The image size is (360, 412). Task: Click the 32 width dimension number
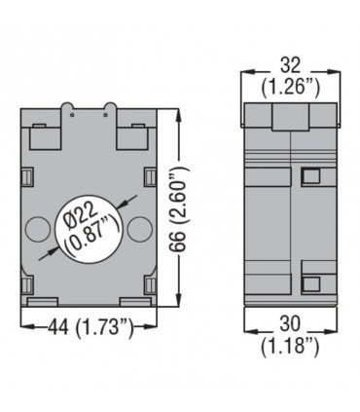[290, 65]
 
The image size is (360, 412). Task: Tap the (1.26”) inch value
[290, 88]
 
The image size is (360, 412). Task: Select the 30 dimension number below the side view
[290, 323]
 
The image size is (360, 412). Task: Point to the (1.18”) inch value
[290, 347]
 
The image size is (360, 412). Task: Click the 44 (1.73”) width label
[90, 327]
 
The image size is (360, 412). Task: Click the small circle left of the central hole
[38, 229]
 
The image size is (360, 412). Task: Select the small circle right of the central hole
[140, 229]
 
